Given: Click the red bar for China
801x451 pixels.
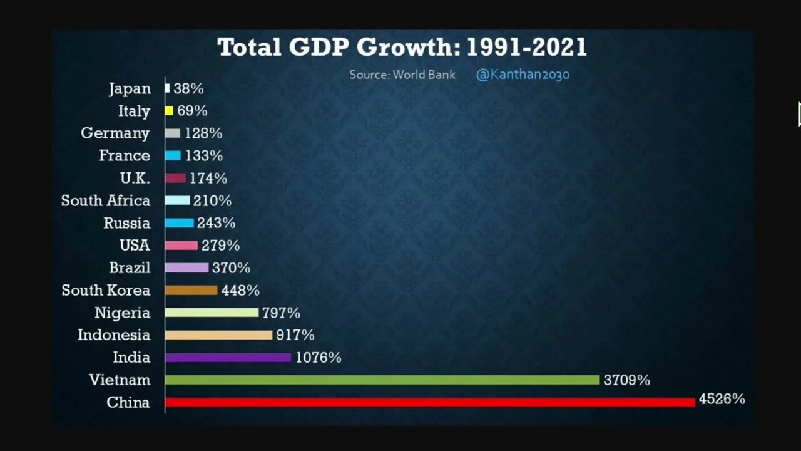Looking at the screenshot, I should point(429,402).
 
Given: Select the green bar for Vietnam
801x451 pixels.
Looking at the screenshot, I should point(382,380).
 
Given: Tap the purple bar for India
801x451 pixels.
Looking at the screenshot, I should point(228,357).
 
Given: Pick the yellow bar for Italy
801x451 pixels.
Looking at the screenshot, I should point(169,111).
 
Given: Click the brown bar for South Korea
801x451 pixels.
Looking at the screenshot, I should point(191,290).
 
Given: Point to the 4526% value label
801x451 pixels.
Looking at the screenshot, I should point(722,399).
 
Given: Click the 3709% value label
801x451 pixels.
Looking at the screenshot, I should point(626,380).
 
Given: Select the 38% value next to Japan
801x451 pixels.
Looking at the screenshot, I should point(188,88).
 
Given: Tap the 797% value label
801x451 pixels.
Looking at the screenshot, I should point(281,313).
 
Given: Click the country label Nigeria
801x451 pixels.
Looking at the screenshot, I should point(122,313).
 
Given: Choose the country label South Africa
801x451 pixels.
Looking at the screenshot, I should point(106,200).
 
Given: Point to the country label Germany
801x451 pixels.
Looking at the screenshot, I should point(115,133).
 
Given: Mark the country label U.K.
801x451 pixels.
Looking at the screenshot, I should point(135,178).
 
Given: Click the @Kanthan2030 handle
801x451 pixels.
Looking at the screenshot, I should point(523,75).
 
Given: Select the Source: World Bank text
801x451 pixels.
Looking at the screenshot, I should point(402,75).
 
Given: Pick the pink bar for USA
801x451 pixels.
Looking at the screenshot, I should point(181,246).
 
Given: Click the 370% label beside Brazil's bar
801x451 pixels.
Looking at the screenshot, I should point(231,267).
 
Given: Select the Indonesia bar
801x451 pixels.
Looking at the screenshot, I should point(218,335).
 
